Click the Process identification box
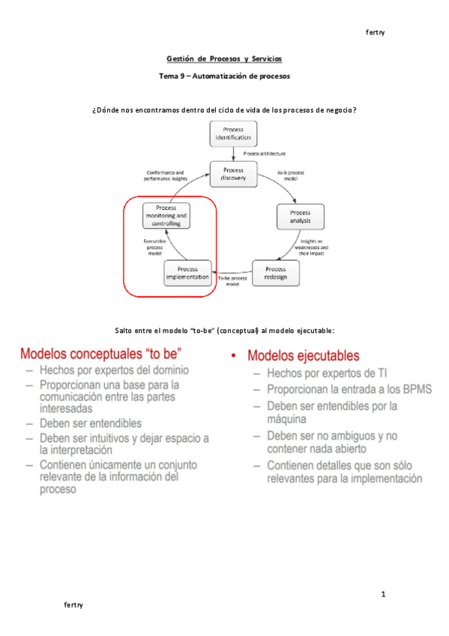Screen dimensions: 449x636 tap(232, 133)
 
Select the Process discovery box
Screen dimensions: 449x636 tap(233, 174)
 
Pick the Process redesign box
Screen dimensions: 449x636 tap(275, 273)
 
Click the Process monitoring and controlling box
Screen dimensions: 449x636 tap(166, 215)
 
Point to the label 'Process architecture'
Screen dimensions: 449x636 tap(264, 153)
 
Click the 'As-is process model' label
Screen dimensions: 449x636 tap(290, 175)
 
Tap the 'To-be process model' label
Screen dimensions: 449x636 tap(232, 281)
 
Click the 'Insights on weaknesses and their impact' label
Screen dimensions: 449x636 tap(313, 247)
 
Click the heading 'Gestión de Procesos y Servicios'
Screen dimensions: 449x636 tap(224, 58)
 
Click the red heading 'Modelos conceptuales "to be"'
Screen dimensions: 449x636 tap(101, 352)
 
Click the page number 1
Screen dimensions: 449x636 tap(382, 595)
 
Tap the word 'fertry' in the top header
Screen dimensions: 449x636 tap(375, 32)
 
